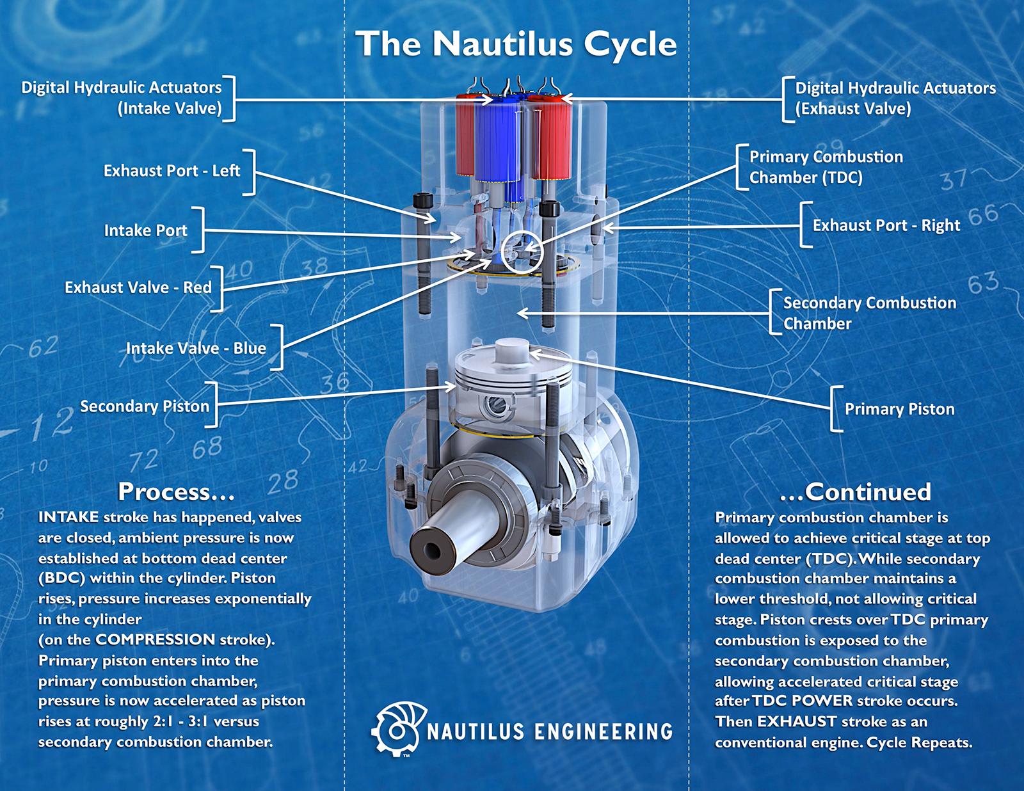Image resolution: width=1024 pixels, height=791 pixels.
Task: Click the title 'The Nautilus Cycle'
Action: tap(516, 44)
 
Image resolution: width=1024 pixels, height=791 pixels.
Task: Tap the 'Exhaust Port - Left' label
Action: tap(172, 171)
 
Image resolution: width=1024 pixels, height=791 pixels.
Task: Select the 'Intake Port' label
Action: tap(145, 230)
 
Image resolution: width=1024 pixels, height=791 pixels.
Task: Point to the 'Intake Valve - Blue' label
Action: tap(195, 348)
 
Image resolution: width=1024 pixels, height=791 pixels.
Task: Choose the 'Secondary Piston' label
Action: tap(144, 406)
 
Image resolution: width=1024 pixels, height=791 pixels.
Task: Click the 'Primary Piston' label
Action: tap(899, 409)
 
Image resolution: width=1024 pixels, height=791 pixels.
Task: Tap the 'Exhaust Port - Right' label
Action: tap(886, 225)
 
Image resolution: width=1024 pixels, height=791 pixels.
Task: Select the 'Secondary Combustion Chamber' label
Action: tap(869, 313)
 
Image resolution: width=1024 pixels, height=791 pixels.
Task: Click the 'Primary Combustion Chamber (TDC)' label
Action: tap(826, 166)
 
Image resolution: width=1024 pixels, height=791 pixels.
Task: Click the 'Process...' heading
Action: tap(176, 491)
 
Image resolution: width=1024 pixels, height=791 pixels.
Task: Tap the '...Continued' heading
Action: tap(855, 491)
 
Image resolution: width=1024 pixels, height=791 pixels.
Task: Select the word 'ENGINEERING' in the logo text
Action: tap(603, 731)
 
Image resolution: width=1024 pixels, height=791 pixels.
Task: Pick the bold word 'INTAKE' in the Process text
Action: tap(68, 517)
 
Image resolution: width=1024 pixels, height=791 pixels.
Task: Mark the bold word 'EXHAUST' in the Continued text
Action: tap(796, 722)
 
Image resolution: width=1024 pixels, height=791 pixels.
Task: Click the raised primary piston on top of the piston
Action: tap(510, 351)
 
